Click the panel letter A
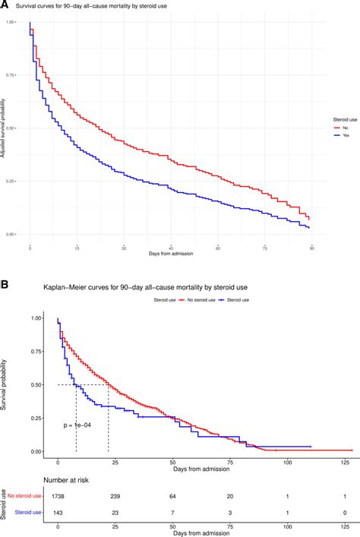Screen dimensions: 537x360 tap(5, 5)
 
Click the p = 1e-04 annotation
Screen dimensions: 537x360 tap(79, 426)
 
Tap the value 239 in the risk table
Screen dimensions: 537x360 tap(112, 496)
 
